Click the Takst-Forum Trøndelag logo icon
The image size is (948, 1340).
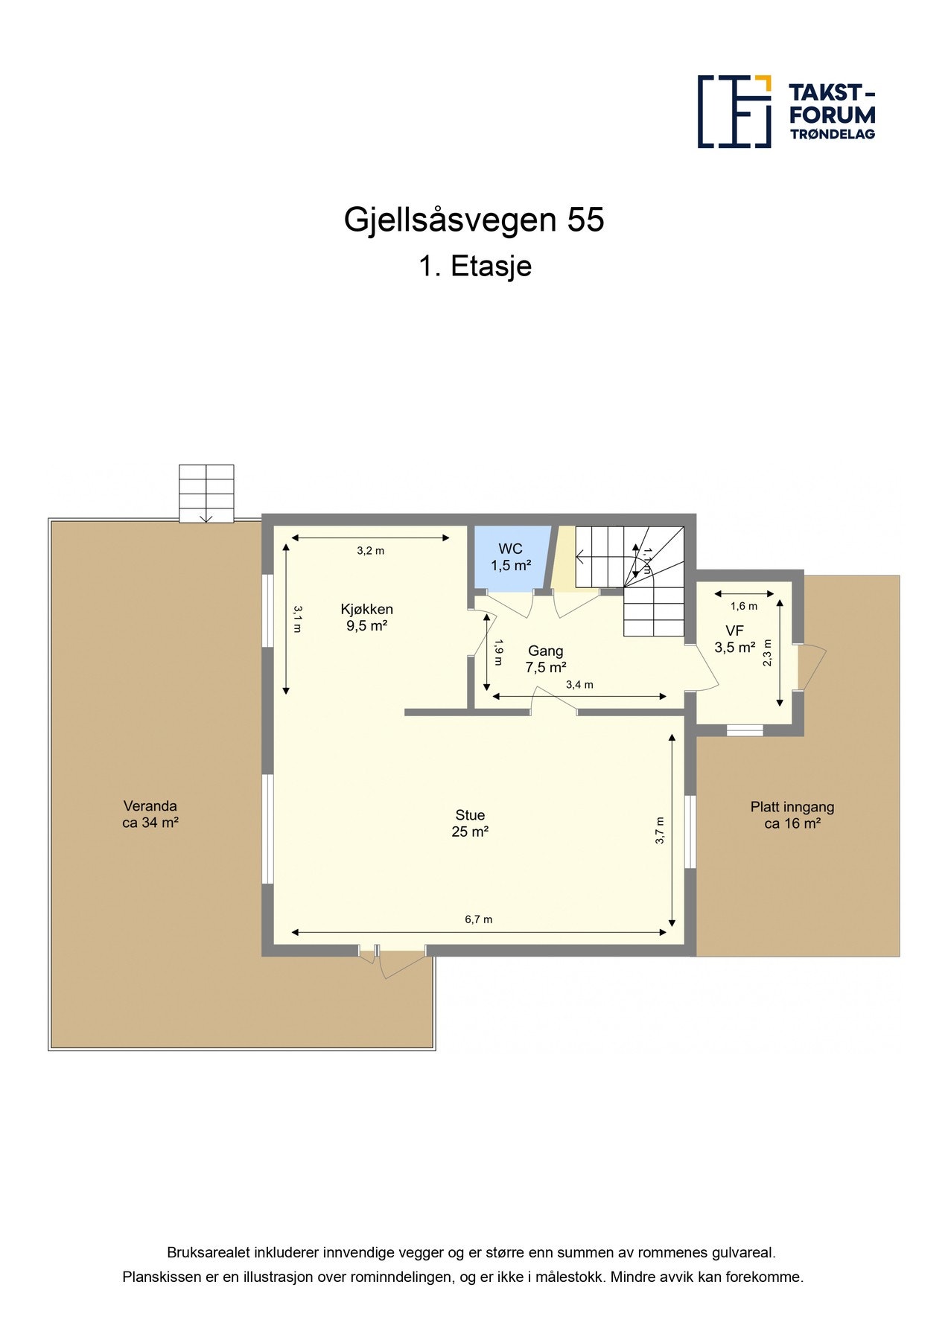pyautogui.click(x=734, y=111)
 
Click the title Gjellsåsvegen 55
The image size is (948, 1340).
pyautogui.click(x=474, y=220)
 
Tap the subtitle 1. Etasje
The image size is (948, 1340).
pyautogui.click(x=474, y=266)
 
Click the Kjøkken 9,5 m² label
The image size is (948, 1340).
pyautogui.click(x=366, y=617)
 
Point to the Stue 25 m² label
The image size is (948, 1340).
pyautogui.click(x=470, y=823)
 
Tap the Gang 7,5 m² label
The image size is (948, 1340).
pyautogui.click(x=545, y=659)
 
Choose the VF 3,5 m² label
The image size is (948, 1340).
pyautogui.click(x=734, y=639)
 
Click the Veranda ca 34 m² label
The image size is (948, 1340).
pyautogui.click(x=150, y=814)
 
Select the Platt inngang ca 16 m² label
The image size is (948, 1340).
pyautogui.click(x=792, y=814)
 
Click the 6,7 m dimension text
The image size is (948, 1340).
pyautogui.click(x=478, y=919)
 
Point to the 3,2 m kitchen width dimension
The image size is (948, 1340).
pyautogui.click(x=370, y=551)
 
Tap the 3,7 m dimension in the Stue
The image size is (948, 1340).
pyautogui.click(x=660, y=830)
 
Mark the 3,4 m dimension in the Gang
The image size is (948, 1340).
pyautogui.click(x=579, y=685)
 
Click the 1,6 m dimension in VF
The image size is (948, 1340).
pyautogui.click(x=743, y=606)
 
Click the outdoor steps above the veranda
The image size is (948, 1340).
pyautogui.click(x=206, y=493)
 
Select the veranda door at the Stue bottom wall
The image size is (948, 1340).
pyautogui.click(x=402, y=960)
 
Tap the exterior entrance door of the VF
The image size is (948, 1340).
pyautogui.click(x=810, y=667)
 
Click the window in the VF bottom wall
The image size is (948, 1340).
pyautogui.click(x=745, y=730)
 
